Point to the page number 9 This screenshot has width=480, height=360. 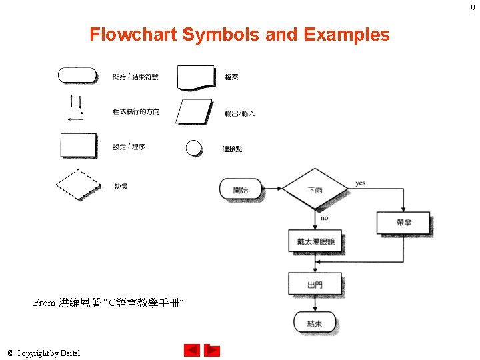point(473,7)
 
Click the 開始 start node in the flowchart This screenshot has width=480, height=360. point(240,190)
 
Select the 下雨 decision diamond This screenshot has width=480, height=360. point(315,190)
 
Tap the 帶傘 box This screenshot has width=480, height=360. point(403,223)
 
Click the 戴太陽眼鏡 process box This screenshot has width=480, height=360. point(315,241)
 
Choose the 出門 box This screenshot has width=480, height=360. point(315,285)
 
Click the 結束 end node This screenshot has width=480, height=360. point(315,323)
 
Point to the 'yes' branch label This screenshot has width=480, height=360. point(361,183)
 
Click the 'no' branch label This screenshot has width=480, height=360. point(324,218)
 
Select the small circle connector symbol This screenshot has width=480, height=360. point(193,147)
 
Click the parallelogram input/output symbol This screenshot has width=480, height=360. point(194,111)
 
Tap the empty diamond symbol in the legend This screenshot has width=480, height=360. point(78,185)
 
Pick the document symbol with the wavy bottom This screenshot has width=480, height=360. point(196,77)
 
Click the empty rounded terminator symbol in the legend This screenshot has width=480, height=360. point(78,75)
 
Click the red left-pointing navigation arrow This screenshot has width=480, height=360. point(192,350)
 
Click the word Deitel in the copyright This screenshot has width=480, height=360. point(69,353)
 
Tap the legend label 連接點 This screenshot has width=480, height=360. point(232,149)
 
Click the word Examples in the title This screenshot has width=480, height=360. point(346,35)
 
